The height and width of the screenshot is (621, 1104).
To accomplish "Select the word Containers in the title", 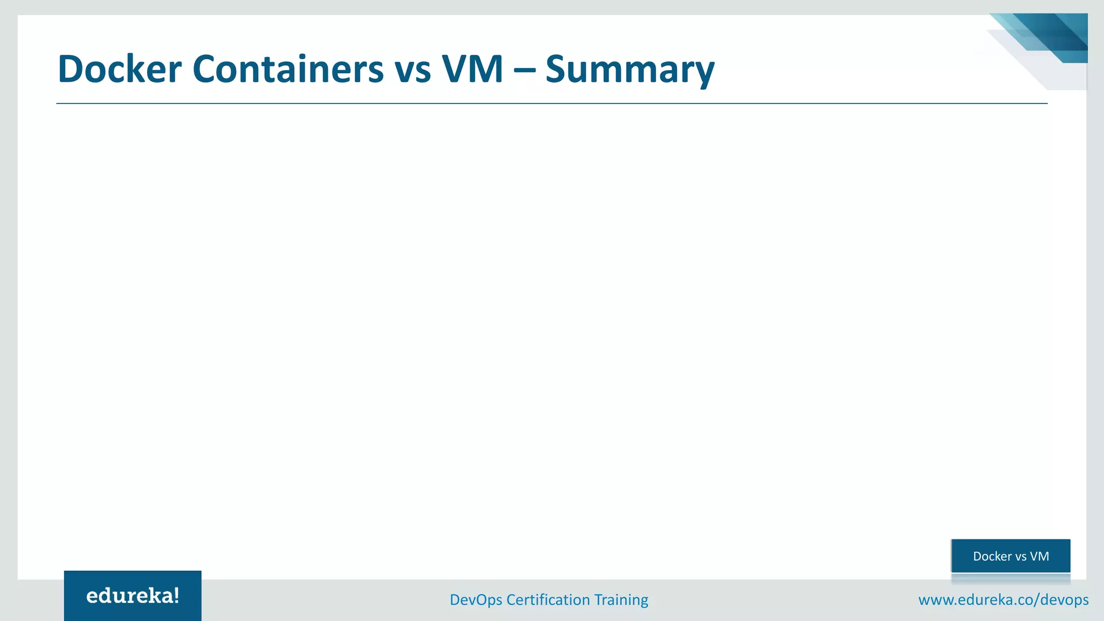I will pos(288,70).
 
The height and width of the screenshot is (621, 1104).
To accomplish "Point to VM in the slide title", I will pos(473,70).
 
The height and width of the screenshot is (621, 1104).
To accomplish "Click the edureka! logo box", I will pos(133,596).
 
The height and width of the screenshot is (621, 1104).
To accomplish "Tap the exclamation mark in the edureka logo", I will pos(176,595).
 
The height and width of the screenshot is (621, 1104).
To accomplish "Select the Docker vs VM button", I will pos(1011,556).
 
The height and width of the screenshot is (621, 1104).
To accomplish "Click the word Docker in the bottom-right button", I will pos(992,556).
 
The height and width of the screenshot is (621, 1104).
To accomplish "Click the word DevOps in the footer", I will pos(476,600).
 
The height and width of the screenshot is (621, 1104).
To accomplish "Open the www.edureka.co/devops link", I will pos(1003,600).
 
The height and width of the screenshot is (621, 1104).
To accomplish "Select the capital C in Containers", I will pos(205,70).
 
